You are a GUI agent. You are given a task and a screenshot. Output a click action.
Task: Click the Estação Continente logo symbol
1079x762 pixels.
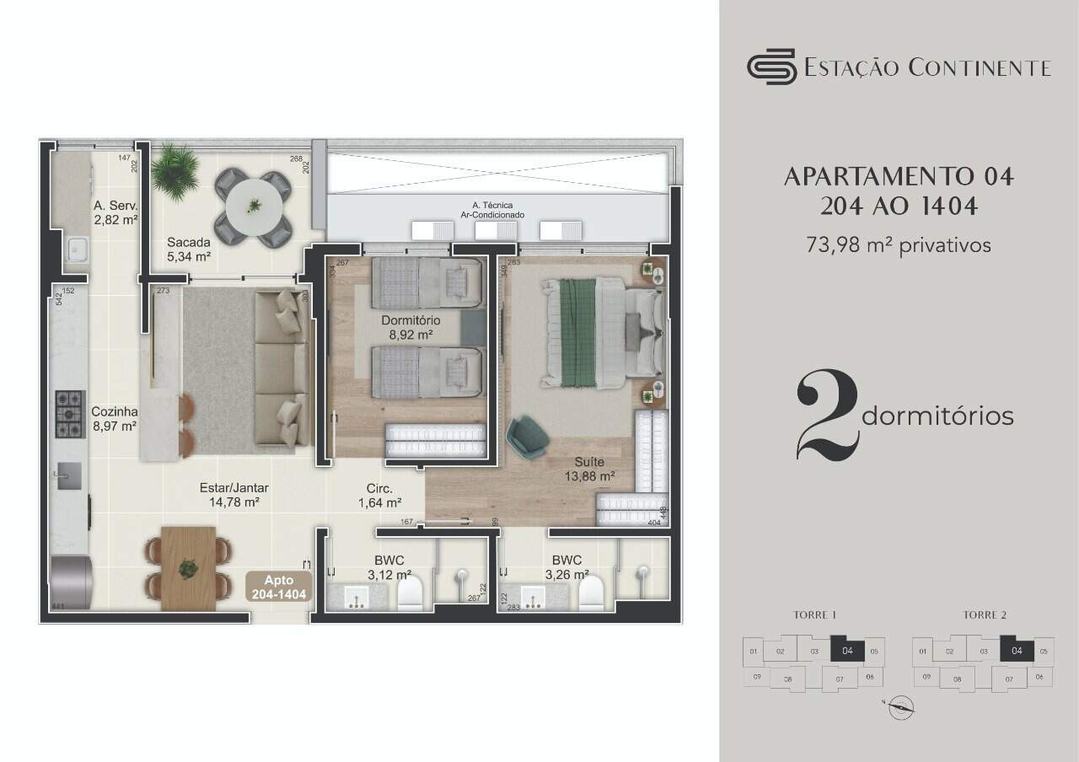coord(771,67)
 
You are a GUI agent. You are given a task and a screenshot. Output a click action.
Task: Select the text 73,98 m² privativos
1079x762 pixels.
coord(898,245)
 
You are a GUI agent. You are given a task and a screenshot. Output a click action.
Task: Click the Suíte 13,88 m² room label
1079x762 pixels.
coord(589,469)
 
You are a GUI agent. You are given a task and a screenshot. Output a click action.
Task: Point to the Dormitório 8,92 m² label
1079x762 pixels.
coord(410,327)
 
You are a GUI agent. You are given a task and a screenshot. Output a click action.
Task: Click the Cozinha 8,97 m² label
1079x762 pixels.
coord(115,419)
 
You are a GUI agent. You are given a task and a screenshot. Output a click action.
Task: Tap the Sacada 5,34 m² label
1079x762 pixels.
coord(188,249)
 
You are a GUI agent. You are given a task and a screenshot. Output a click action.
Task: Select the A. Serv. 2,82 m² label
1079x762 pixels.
coord(115,212)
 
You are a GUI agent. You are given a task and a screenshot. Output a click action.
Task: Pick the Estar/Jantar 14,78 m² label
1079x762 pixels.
coord(228,495)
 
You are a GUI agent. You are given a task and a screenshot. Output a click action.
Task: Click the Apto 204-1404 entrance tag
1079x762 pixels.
coord(279,588)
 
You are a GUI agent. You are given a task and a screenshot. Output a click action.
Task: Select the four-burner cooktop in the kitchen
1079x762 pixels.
coord(70,413)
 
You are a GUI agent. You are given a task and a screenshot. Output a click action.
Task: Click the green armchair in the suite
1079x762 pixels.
coord(528,437)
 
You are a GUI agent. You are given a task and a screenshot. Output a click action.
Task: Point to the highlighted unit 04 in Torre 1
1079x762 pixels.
coord(847,650)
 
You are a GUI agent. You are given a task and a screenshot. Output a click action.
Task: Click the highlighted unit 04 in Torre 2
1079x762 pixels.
coord(1017,650)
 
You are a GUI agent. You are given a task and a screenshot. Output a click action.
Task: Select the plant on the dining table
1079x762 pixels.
coord(187,569)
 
